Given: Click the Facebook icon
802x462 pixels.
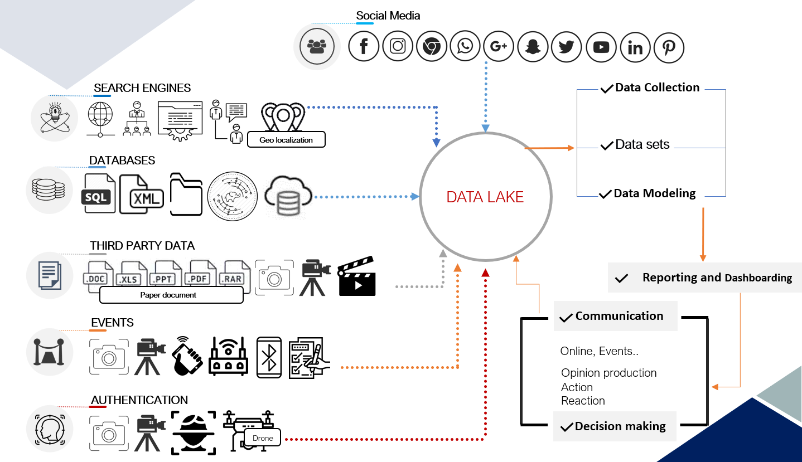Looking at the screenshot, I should tap(364, 46).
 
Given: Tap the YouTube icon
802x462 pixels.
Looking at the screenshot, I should tap(601, 47).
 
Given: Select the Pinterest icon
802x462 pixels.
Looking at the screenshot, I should tap(669, 47).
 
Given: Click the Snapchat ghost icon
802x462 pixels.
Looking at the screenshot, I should tap(533, 47).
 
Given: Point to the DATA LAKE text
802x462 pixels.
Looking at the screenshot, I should tap(485, 197).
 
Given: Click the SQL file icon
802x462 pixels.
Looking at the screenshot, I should tap(99, 193).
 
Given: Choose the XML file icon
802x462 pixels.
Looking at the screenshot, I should tap(142, 194).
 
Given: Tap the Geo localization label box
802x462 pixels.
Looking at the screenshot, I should tap(286, 140).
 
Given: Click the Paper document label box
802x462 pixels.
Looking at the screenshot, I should tap(171, 295).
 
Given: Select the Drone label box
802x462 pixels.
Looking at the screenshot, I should tap(263, 438).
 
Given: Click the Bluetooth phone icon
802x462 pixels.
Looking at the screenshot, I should tap(269, 358).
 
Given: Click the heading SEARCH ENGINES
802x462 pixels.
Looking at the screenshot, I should tap(142, 88).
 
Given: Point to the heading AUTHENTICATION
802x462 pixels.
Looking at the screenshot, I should tap(139, 400).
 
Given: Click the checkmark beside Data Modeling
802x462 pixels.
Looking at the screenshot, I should tap(605, 194).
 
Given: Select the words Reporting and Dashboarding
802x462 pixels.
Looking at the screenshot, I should tap(717, 278).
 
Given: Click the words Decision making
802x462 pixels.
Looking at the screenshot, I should tap(620, 426).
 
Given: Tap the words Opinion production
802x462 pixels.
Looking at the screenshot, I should tap(608, 373).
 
